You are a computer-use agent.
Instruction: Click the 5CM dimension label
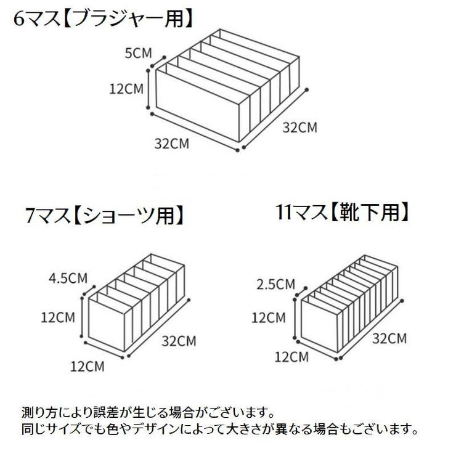click(139, 53)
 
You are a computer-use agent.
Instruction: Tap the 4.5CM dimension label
click(68, 279)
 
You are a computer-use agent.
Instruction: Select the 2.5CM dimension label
click(275, 284)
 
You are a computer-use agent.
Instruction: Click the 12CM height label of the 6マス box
click(126, 89)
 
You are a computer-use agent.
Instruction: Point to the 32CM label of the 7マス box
click(179, 341)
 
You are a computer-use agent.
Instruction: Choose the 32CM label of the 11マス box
click(389, 338)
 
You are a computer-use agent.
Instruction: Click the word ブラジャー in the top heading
click(118, 19)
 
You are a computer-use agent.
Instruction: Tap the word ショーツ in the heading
click(119, 216)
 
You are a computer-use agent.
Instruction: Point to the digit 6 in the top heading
click(19, 19)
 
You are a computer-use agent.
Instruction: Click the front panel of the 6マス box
click(198, 105)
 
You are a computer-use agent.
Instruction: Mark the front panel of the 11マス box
click(319, 327)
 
